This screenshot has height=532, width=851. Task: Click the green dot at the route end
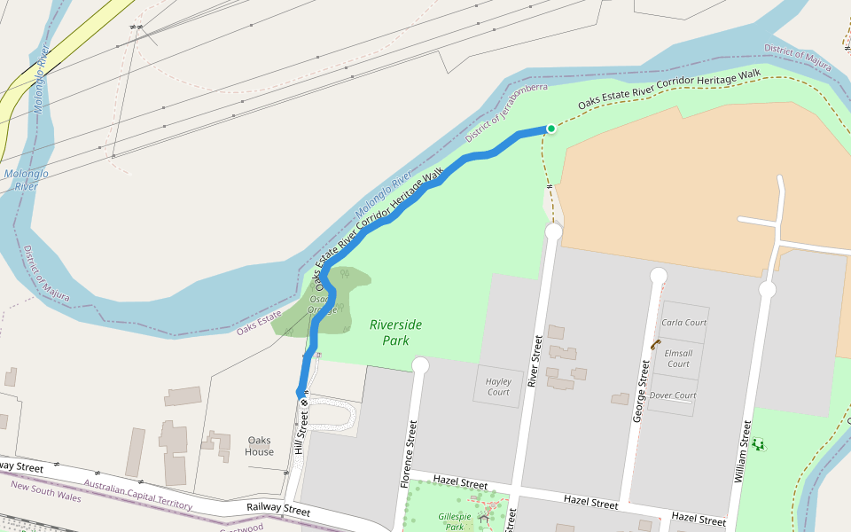pyautogui.click(x=550, y=129)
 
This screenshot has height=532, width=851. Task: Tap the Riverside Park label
pyautogui.click(x=395, y=332)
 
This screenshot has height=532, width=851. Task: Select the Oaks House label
pyautogui.click(x=260, y=446)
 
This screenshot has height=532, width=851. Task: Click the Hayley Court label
pyautogui.click(x=498, y=387)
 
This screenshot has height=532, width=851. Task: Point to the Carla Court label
pyautogui.click(x=683, y=323)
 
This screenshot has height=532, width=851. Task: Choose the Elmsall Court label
pyautogui.click(x=678, y=358)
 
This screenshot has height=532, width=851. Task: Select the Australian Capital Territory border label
pyautogui.click(x=137, y=495)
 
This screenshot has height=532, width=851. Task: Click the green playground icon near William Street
pyautogui.click(x=758, y=443)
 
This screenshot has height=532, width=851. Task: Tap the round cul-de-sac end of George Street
pyautogui.click(x=659, y=276)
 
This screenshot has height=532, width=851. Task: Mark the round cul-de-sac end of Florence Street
pyautogui.click(x=420, y=365)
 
